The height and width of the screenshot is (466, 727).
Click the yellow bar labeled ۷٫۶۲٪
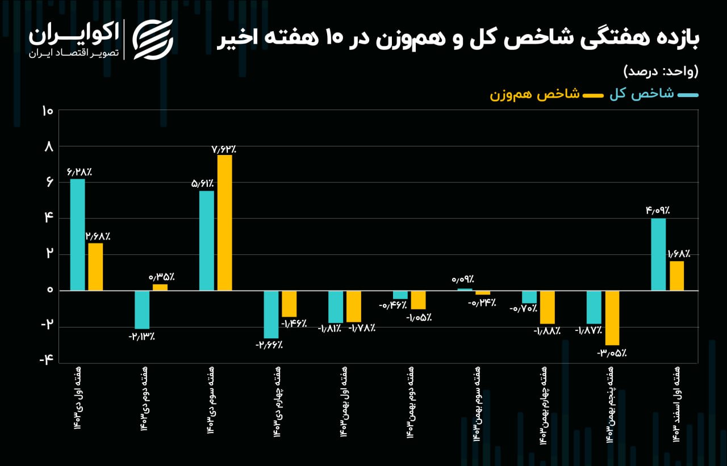coord(224,223)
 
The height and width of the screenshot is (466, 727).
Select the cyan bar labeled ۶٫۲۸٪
coord(78,235)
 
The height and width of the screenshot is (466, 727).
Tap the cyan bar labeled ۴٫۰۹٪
coord(658,254)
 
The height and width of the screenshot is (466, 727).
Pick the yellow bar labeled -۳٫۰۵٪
coord(612,318)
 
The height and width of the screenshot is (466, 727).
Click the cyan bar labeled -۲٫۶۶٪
coord(271,314)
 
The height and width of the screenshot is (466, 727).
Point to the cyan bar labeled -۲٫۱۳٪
coord(142,310)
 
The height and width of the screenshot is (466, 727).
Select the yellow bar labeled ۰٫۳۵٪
coord(160,287)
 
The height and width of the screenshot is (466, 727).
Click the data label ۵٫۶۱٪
coord(203,184)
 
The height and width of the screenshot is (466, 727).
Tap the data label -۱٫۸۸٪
coord(547,331)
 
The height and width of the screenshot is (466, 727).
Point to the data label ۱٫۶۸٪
coord(679,254)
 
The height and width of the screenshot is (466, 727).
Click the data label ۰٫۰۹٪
coord(463,279)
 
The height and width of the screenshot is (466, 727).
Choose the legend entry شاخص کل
coord(654,94)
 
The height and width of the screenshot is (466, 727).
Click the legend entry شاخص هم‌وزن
coord(546,95)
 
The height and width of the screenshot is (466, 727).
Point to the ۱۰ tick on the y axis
coord(47,111)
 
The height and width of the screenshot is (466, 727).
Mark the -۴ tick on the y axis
coord(46,359)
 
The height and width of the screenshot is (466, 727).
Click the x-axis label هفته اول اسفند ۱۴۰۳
coord(676,404)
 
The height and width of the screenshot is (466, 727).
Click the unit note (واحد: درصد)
coord(661,71)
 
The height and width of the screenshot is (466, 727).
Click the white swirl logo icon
coord(153,40)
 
